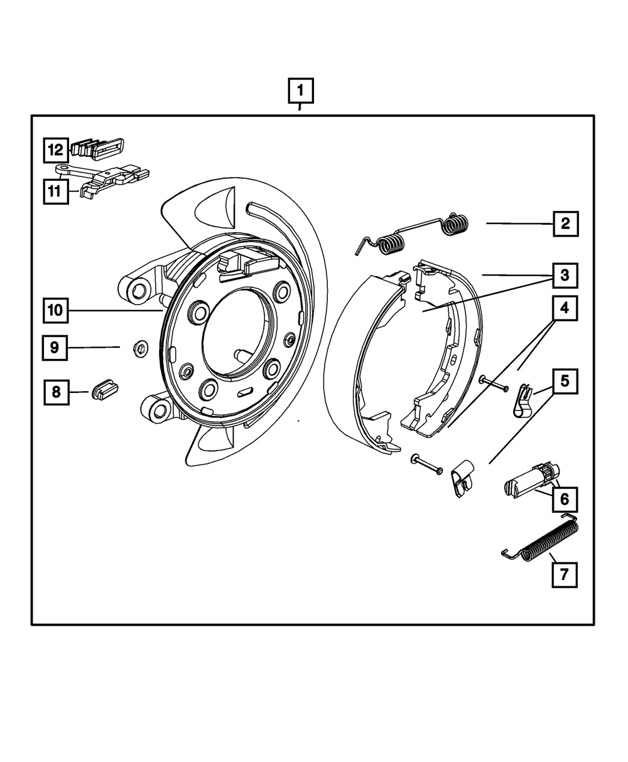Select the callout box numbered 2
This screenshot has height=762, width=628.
(x=565, y=223)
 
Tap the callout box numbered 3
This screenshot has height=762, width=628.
(x=565, y=274)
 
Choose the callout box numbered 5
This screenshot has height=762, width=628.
(x=565, y=380)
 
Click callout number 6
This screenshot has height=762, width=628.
(x=564, y=500)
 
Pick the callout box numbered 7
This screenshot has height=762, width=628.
(x=564, y=574)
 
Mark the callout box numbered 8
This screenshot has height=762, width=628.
(x=56, y=392)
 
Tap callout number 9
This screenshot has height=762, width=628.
(x=55, y=347)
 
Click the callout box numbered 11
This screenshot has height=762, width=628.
(x=55, y=190)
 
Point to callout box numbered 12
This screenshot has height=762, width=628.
(x=55, y=150)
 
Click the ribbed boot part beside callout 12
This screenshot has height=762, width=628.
(x=97, y=149)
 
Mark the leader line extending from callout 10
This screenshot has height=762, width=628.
(x=116, y=310)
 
